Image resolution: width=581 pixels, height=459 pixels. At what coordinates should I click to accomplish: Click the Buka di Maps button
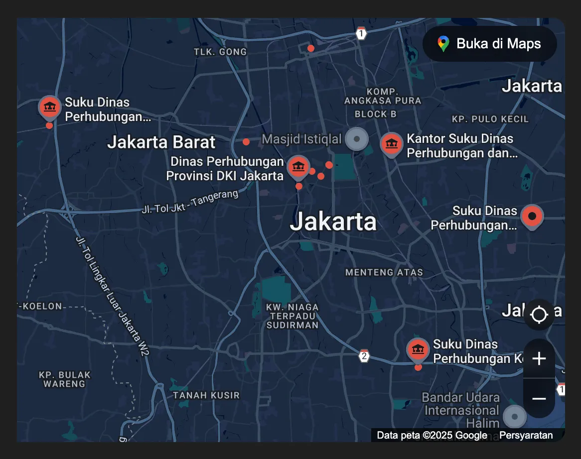pos(489,44)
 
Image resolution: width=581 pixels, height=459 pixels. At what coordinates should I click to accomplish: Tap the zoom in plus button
pos(539,358)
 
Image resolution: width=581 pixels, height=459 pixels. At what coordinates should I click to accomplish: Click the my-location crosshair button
pos(539,315)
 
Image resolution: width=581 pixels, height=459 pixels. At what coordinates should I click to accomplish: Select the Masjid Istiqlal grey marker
pos(357,138)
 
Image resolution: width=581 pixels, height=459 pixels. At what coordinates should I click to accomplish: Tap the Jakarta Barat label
pos(161,142)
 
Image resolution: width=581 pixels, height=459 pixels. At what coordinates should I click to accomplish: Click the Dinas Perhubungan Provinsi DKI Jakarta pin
pos(298,166)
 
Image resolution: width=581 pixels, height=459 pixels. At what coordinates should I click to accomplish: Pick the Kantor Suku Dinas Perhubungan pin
pos(392,144)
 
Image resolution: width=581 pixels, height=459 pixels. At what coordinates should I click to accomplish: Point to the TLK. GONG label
pos(220,52)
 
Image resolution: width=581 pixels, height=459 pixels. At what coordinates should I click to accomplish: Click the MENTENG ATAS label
pos(384,272)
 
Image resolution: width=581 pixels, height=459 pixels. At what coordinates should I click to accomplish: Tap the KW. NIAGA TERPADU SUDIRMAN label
pos(292,316)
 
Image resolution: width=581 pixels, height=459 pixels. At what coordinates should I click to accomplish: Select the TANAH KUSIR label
pos(206,395)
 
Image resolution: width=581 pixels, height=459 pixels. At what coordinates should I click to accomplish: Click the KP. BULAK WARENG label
pos(65,379)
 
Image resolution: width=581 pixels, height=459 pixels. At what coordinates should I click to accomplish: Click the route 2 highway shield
pos(364,356)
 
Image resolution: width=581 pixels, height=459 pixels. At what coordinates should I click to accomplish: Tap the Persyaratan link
pos(526,435)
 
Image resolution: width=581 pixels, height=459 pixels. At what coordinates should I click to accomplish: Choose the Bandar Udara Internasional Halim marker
pos(514,416)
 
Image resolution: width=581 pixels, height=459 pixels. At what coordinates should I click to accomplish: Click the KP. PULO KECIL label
pos(490,119)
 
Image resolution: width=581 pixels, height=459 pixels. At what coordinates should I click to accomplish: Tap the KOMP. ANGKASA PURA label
pos(382,96)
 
